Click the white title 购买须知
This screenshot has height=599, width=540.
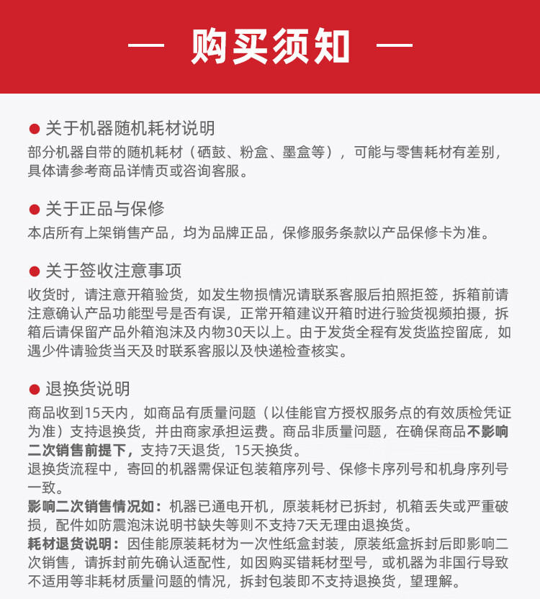pyautogui.click(x=270, y=46)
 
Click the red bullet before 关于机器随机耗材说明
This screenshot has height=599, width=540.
pyautogui.click(x=33, y=130)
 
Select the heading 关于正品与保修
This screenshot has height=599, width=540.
pyautogui.click(x=104, y=210)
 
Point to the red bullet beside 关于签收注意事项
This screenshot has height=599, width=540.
pyautogui.click(x=33, y=271)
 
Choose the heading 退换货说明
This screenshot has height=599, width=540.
pyautogui.click(x=87, y=389)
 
